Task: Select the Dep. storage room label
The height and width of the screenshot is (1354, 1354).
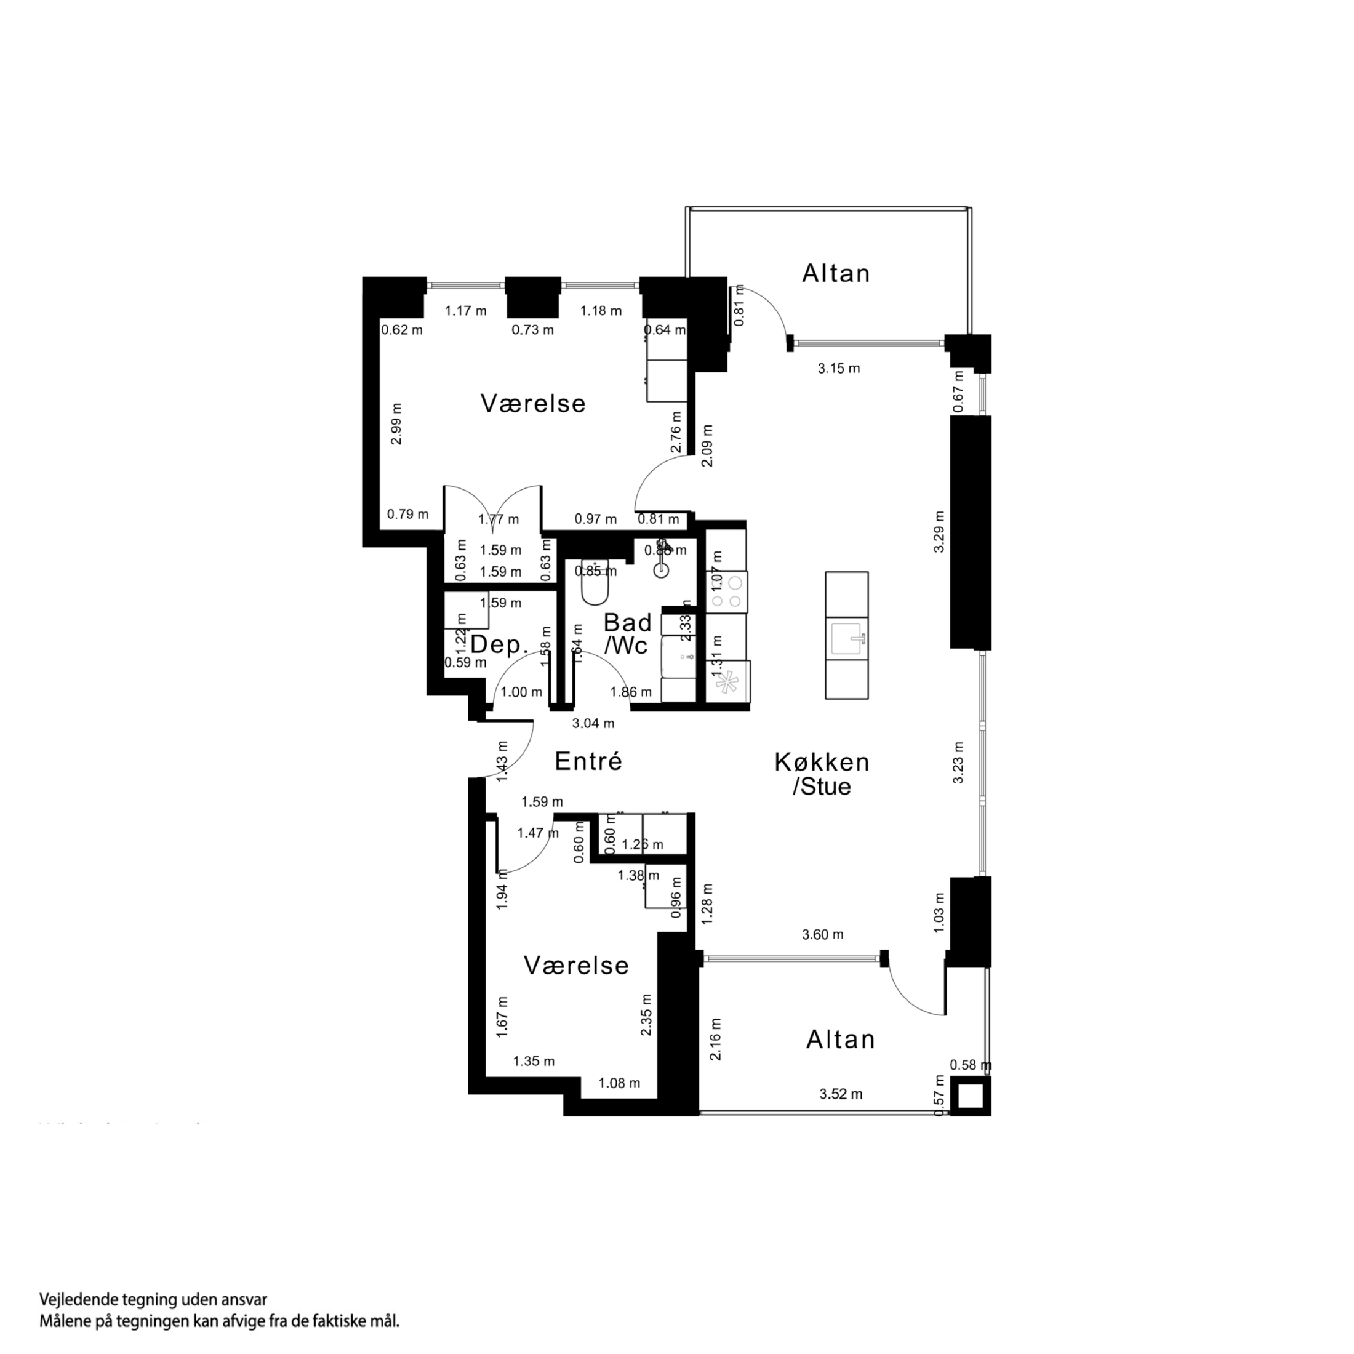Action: [499, 645]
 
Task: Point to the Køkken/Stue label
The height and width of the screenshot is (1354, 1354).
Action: [822, 774]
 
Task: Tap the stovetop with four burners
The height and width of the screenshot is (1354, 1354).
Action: [727, 591]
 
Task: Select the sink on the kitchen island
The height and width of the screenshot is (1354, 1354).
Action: [847, 638]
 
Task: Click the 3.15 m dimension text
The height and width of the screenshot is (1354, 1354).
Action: [838, 369]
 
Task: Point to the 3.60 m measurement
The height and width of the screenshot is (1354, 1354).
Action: [822, 934]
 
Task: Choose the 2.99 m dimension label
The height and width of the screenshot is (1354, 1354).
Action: [397, 423]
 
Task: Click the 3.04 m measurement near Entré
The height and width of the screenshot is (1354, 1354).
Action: [593, 723]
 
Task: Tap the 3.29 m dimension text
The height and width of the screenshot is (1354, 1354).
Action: [939, 531]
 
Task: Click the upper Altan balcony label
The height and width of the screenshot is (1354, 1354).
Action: [835, 273]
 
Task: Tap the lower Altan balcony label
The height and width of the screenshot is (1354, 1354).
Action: [840, 1040]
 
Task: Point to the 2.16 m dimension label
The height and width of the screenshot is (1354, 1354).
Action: [716, 1040]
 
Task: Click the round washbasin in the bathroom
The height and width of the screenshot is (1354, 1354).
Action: [661, 570]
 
